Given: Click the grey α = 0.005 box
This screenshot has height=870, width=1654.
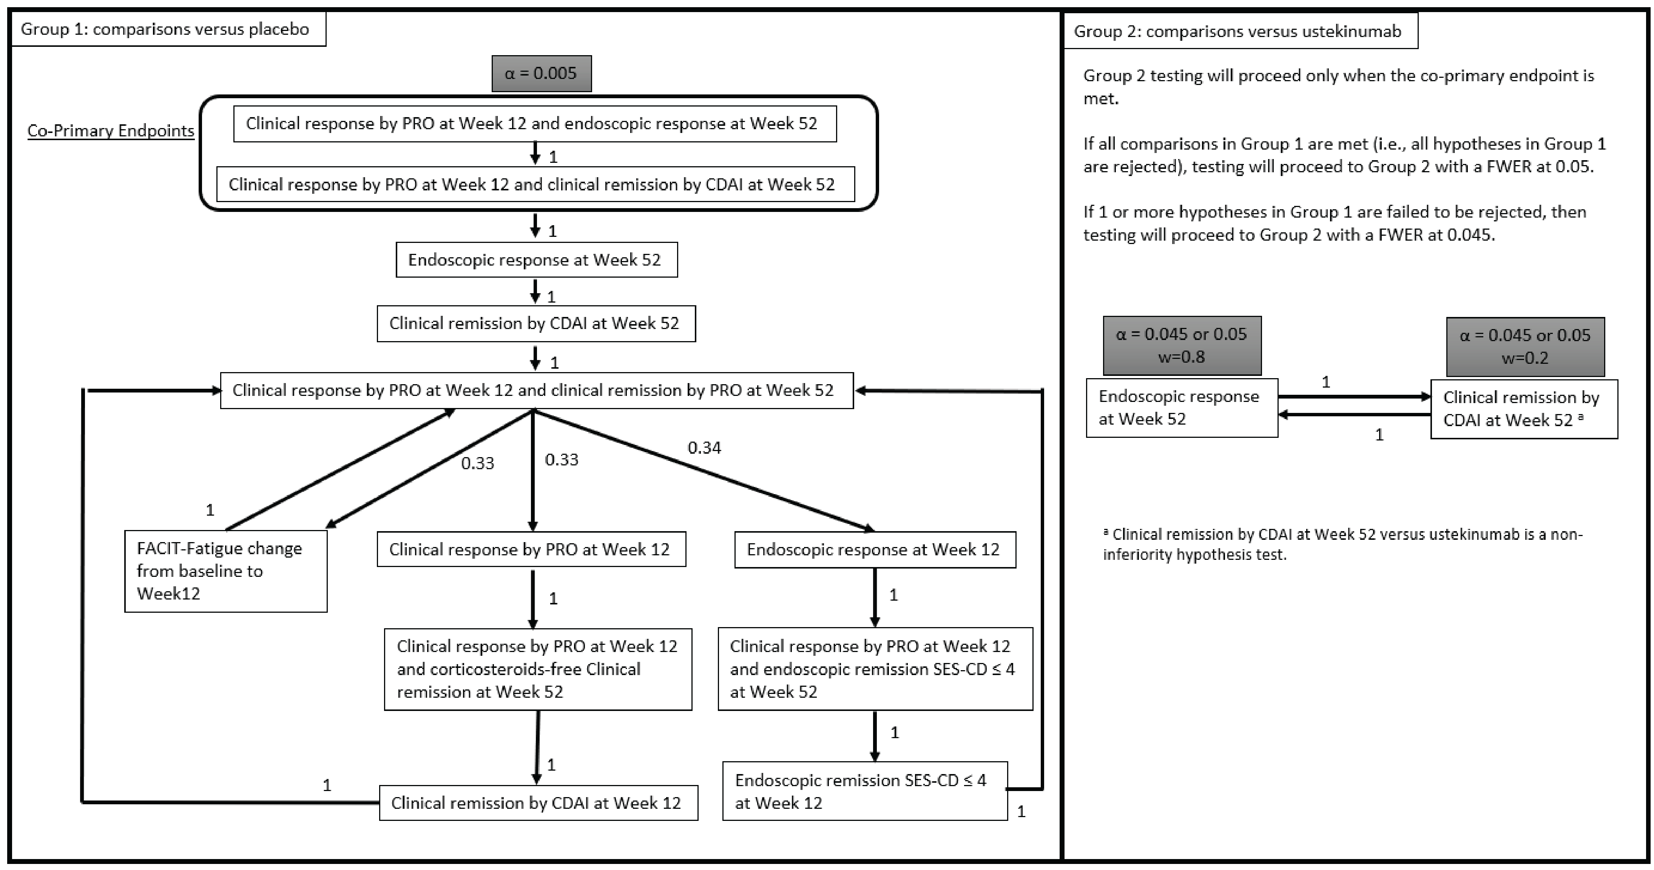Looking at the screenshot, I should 541,73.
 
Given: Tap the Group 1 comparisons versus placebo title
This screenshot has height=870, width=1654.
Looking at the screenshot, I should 165,29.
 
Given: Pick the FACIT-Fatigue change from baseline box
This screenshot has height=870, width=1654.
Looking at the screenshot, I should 225,570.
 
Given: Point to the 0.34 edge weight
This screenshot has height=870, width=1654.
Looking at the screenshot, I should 704,448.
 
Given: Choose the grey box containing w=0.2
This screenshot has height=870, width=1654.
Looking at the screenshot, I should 1524,346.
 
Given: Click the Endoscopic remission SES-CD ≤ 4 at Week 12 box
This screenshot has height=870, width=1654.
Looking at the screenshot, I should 864,791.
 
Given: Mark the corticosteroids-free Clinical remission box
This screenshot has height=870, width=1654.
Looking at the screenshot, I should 537,669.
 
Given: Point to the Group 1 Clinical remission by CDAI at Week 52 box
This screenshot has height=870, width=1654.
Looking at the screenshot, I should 535,323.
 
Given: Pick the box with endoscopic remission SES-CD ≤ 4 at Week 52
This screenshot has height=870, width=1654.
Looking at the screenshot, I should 875,669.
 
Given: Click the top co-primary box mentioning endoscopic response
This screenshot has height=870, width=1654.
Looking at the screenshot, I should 534,124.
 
